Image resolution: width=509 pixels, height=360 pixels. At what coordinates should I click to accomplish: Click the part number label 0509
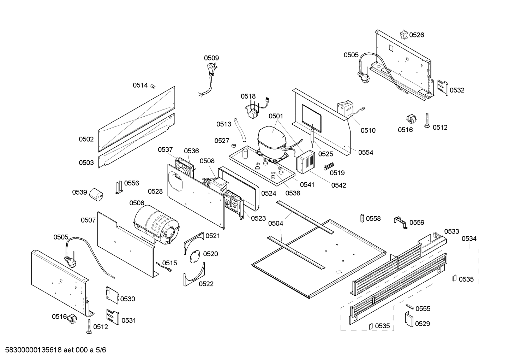pos(211,58)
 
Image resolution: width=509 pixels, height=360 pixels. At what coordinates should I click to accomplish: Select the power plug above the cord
pos(212,69)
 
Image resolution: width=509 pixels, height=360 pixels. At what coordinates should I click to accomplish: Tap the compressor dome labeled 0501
pos(271,138)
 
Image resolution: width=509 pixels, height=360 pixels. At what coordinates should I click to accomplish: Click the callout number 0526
pos(417,35)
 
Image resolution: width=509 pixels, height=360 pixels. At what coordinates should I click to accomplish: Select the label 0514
pos(140,85)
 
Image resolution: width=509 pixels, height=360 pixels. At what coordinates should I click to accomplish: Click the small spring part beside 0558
pos(361,218)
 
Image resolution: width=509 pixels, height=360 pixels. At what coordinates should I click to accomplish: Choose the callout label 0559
pos(417,223)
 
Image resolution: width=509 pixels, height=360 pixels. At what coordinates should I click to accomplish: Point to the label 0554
pos(365,152)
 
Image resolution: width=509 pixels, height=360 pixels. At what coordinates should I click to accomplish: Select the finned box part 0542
pos(305,162)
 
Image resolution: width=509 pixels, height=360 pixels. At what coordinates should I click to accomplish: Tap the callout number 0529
pos(422,324)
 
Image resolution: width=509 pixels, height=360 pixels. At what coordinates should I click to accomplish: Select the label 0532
pos(457,90)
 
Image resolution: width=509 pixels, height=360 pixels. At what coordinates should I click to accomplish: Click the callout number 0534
pos(469,238)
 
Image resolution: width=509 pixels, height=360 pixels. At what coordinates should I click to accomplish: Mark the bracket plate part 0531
pos(113,317)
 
